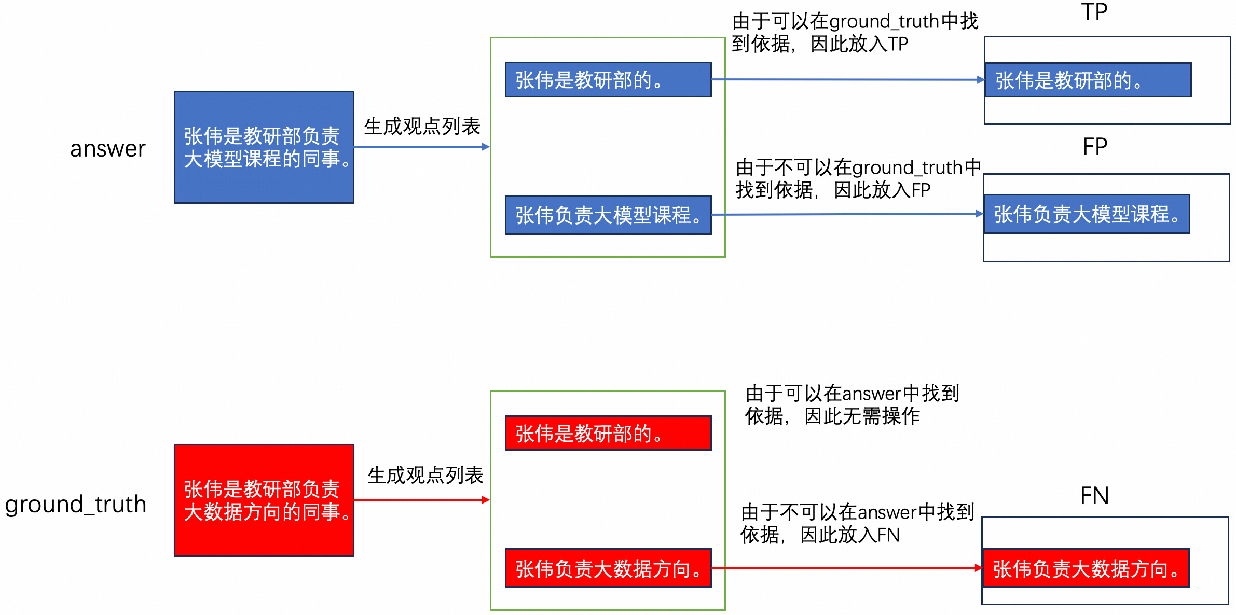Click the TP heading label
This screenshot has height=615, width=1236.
pos(1094,12)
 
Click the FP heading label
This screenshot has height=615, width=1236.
pos(1095,147)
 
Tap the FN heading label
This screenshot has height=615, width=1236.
pos(1094,496)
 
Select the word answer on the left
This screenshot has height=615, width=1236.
pos(108,149)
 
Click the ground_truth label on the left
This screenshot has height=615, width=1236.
pos(76,505)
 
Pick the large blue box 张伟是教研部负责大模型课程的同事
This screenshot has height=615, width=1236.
pos(264,147)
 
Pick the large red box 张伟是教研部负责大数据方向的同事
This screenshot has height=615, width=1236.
pos(264,500)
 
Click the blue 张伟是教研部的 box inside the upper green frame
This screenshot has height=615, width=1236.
pos(608,80)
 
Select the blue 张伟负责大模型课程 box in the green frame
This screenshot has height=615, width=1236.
pos(608,215)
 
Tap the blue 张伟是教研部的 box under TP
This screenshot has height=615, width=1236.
pos(1088,80)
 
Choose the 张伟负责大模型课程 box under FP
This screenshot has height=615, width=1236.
pos(1087,214)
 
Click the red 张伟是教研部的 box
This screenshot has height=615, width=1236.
pos(608,433)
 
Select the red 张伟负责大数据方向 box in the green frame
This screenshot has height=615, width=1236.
pos(608,568)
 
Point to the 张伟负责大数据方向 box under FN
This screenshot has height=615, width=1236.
pos(1086,568)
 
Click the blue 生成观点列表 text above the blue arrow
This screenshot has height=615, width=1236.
pos(422,126)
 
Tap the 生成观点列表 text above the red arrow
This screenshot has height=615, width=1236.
pos(425,475)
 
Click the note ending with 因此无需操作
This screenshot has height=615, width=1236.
pos(852,404)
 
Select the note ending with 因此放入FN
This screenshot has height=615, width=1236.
pos(857,524)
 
